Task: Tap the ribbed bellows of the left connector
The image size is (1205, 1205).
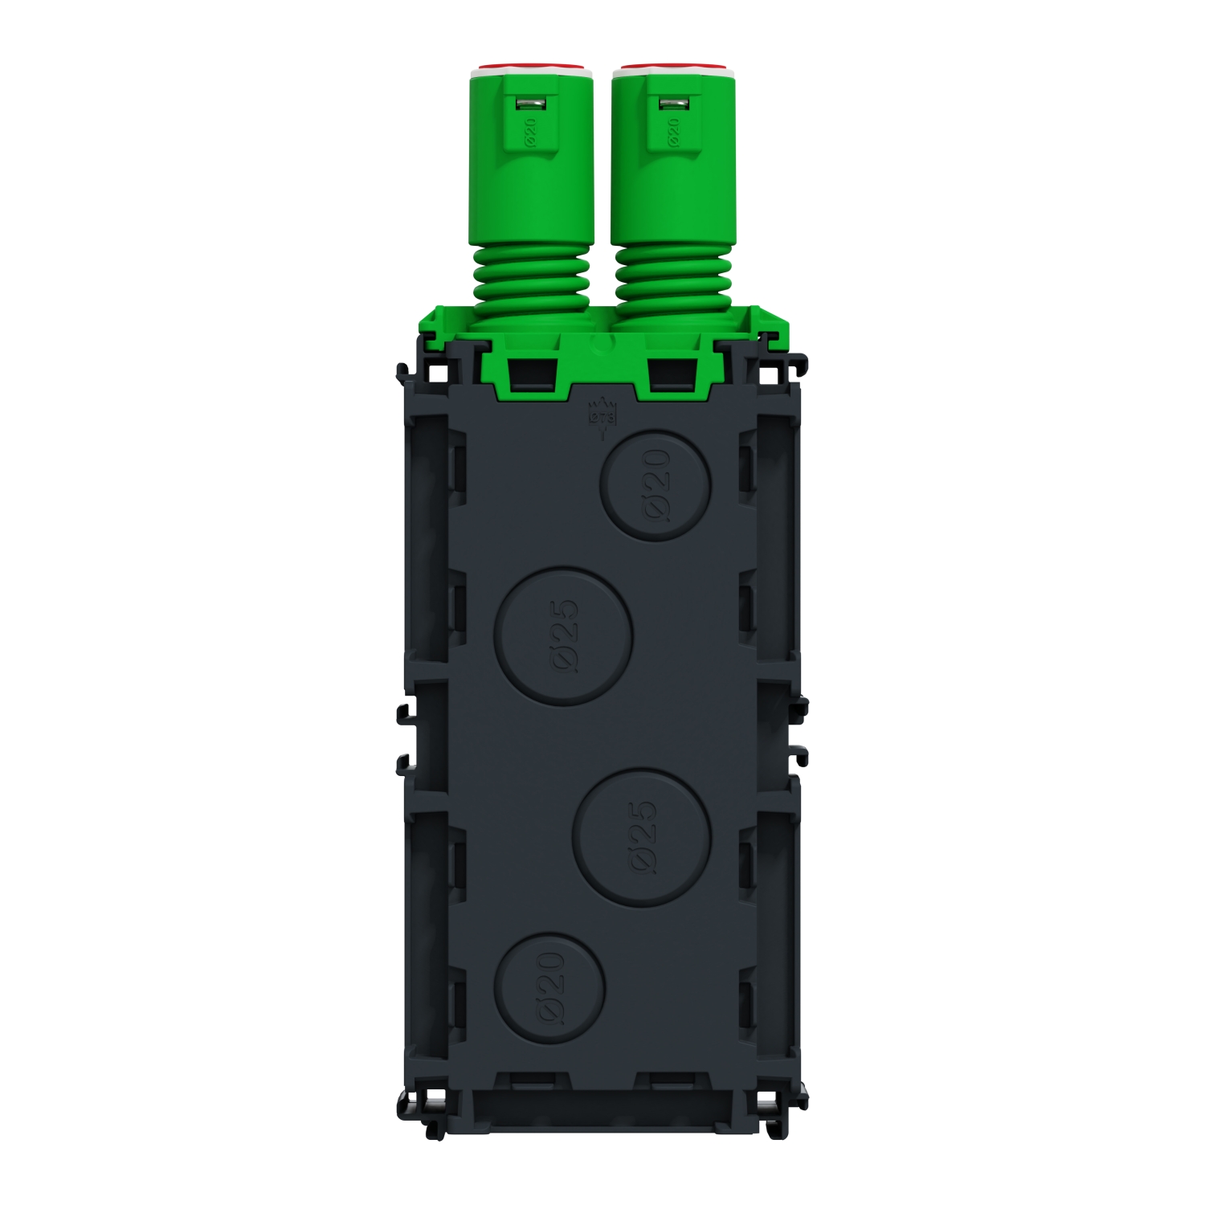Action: [x=531, y=277]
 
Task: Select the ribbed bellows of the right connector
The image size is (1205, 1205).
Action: [x=674, y=277]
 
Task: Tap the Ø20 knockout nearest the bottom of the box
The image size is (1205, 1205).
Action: [x=549, y=987]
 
